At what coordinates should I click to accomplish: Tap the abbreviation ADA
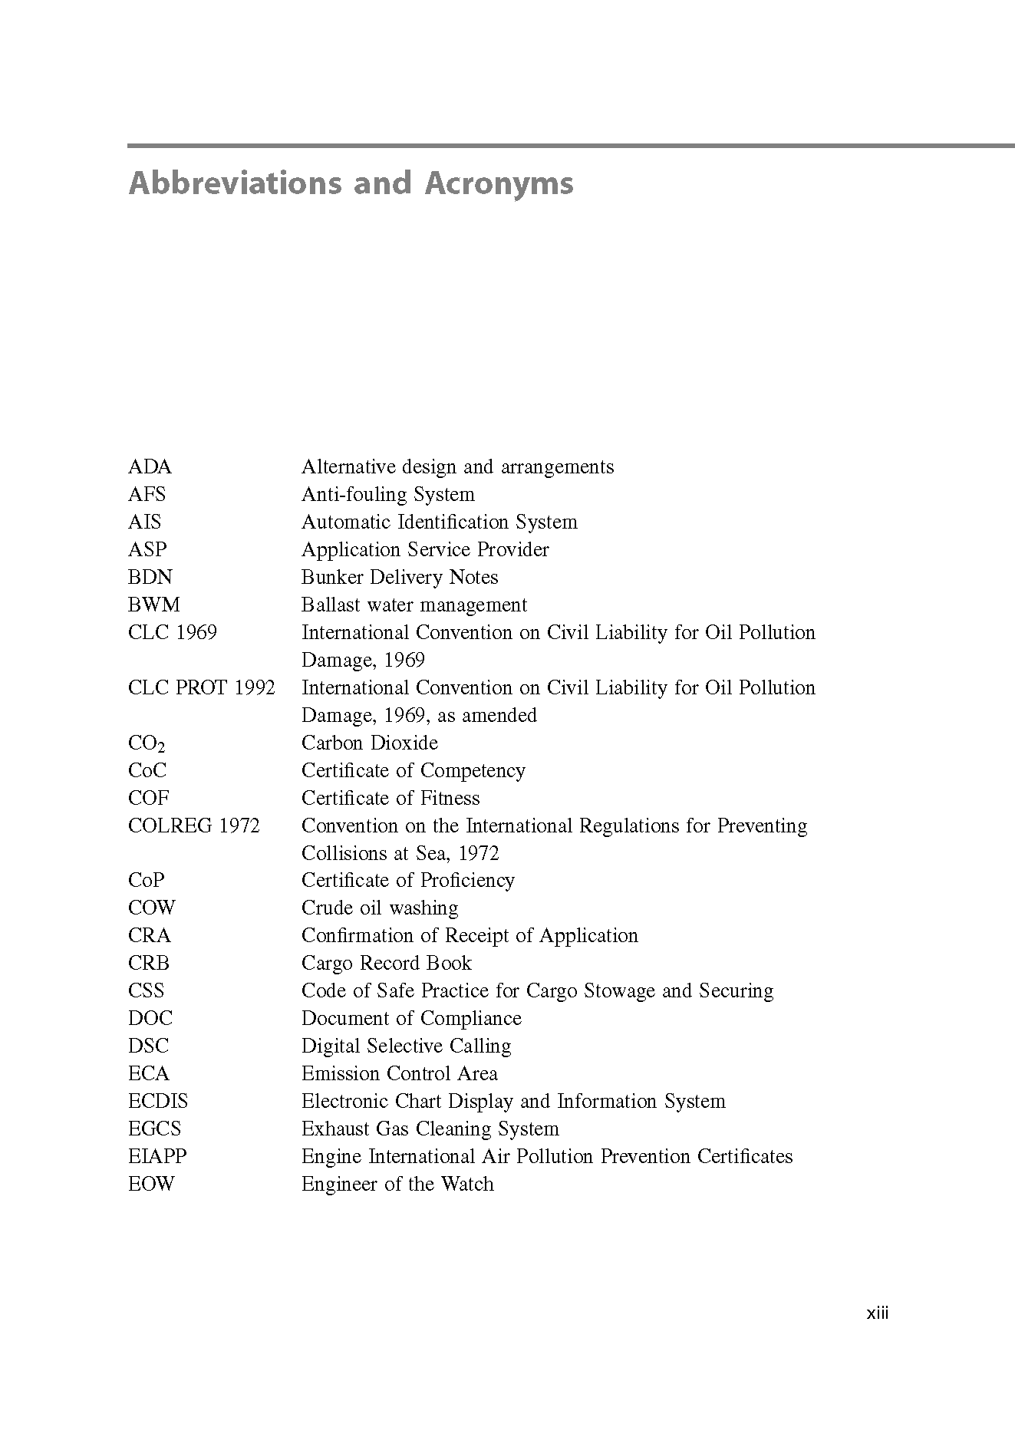(x=150, y=467)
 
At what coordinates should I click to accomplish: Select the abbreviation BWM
(x=153, y=605)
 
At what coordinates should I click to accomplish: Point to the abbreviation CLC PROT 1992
(x=201, y=688)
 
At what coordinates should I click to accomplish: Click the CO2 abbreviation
(x=147, y=743)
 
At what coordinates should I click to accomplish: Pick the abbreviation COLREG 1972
(x=193, y=826)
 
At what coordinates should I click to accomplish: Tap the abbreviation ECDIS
(x=157, y=1102)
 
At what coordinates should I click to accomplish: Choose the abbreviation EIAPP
(x=157, y=1157)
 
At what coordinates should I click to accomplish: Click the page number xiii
(x=877, y=1313)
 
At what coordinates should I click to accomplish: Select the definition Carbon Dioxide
(x=369, y=743)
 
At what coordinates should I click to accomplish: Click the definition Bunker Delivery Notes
(x=399, y=578)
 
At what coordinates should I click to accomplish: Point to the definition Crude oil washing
(x=380, y=908)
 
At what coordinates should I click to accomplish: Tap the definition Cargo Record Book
(x=386, y=964)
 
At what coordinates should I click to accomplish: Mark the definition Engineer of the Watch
(x=397, y=1185)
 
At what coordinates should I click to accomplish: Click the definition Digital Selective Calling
(x=406, y=1046)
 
